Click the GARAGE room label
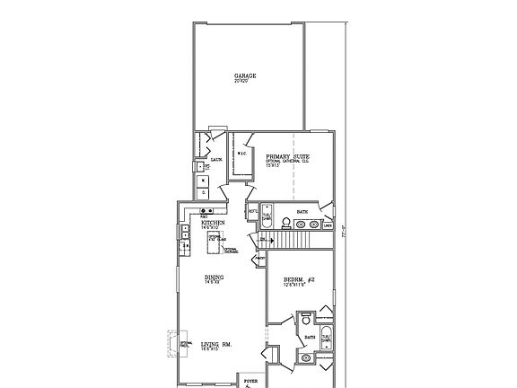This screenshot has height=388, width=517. (x=246, y=76)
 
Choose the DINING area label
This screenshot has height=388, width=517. (x=212, y=279)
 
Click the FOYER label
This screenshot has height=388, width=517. (x=249, y=380)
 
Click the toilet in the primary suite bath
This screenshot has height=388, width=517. (x=285, y=221)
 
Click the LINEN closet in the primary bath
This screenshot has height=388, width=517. (x=328, y=225)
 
